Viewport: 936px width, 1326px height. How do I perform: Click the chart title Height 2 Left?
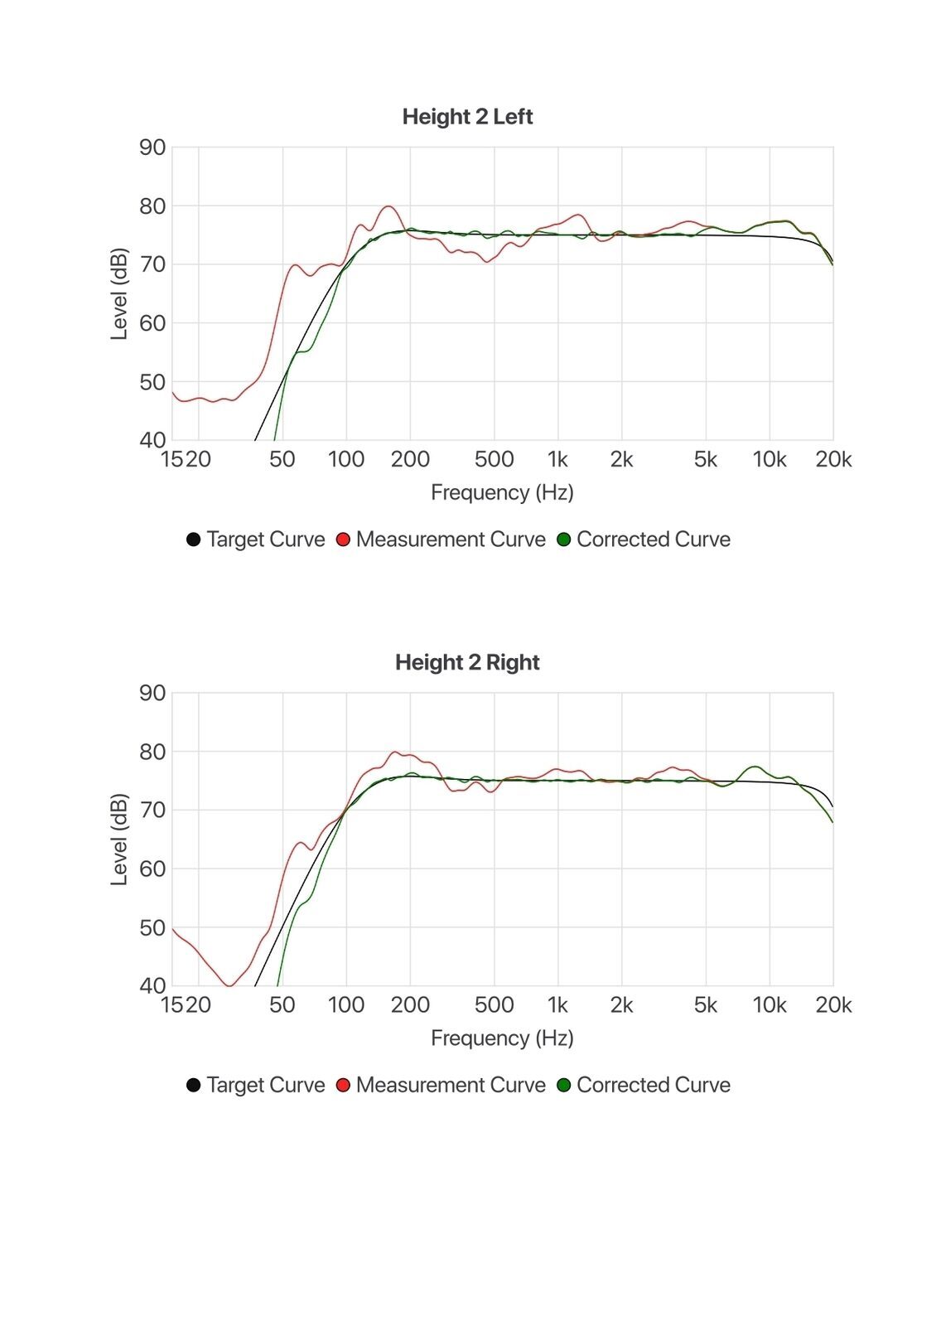(x=467, y=117)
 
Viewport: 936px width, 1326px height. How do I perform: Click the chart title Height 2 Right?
(x=467, y=662)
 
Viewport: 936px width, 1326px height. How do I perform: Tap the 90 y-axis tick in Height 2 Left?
(x=152, y=148)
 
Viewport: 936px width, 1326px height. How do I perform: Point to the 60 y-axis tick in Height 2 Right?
(x=152, y=869)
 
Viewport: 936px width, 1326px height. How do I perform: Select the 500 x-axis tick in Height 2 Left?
(x=494, y=459)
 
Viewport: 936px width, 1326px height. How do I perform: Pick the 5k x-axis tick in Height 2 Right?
(x=706, y=1004)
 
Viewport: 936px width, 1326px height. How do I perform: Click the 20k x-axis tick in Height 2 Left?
(x=833, y=459)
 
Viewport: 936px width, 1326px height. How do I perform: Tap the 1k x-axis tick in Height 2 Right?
(x=557, y=1004)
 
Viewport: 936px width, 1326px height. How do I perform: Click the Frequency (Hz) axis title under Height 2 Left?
(x=502, y=492)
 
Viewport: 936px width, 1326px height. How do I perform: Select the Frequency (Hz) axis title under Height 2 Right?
(x=502, y=1038)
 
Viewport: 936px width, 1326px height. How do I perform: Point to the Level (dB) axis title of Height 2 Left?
(x=119, y=293)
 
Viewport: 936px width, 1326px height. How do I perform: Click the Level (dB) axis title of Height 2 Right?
(x=119, y=840)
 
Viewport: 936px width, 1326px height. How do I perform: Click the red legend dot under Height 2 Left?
(x=343, y=540)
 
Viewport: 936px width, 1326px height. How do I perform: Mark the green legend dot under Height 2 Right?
(x=564, y=1085)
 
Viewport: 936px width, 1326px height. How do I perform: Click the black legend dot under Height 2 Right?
(x=193, y=1085)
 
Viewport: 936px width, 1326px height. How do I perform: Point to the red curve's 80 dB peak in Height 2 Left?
(x=388, y=206)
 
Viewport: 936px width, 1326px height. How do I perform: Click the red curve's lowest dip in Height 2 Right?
(x=229, y=985)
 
